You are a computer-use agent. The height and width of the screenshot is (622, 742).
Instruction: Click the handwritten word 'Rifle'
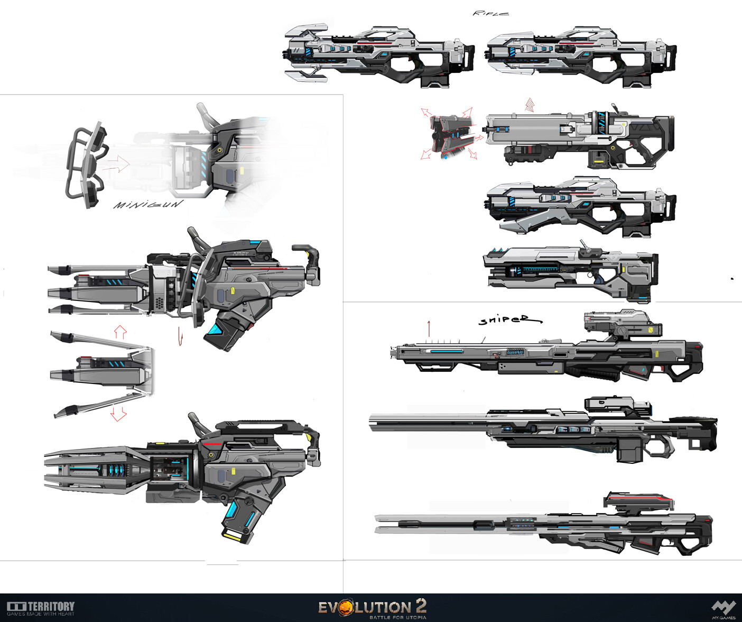[490, 13]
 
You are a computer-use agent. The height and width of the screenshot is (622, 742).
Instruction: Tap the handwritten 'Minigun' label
[148, 204]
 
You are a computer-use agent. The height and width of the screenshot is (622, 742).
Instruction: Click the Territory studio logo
[41, 608]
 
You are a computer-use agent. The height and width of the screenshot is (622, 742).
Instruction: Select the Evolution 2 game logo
[372, 608]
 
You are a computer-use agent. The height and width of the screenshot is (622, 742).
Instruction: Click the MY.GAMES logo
[723, 609]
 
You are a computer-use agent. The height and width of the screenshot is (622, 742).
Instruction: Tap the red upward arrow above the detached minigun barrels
[120, 332]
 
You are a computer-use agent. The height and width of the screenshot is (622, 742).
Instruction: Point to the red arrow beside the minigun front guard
[116, 164]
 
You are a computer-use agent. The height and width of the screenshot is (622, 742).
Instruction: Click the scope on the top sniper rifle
[621, 323]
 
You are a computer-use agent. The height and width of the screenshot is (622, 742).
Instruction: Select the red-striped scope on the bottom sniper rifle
[639, 501]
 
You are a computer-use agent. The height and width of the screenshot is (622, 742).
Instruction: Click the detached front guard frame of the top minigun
[85, 164]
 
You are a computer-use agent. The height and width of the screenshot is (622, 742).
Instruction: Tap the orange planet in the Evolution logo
[345, 607]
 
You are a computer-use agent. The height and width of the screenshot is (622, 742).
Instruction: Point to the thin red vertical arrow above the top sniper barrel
[429, 328]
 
